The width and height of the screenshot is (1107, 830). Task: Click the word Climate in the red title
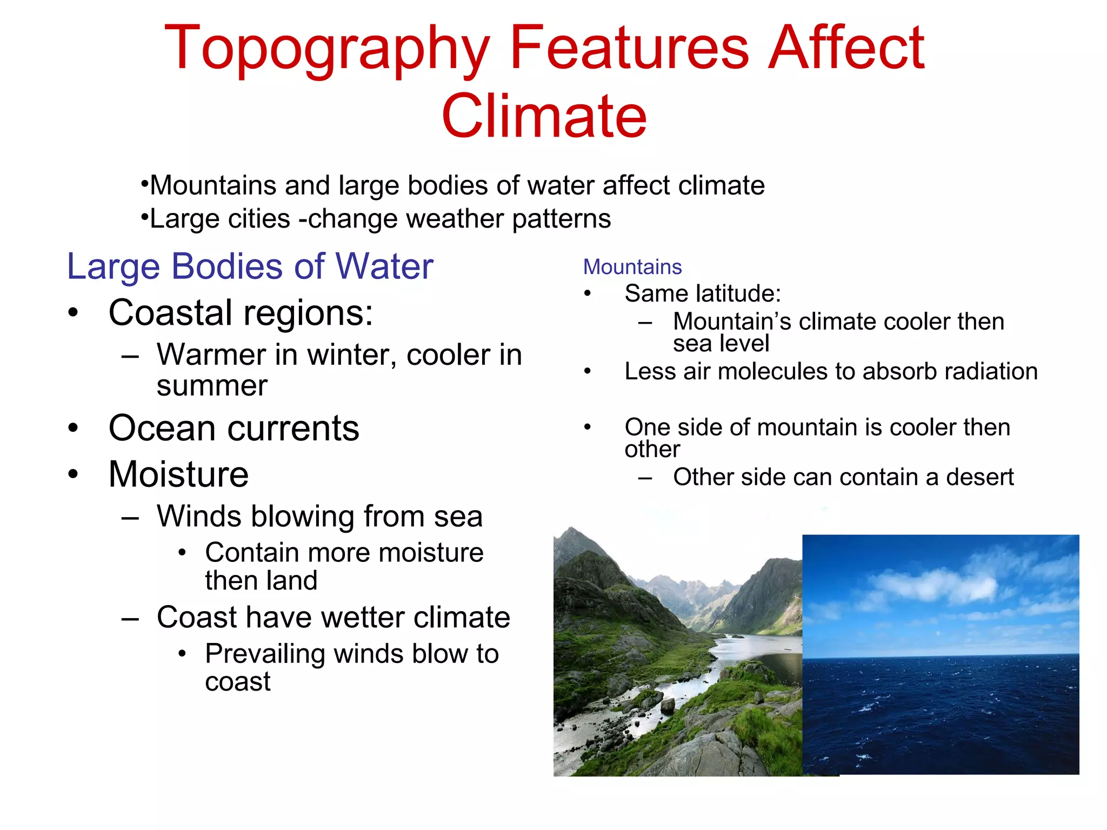pos(544,116)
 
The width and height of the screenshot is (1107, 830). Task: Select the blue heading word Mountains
pos(632,267)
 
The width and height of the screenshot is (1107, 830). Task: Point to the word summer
pos(212,386)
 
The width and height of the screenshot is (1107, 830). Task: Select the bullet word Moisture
pos(178,474)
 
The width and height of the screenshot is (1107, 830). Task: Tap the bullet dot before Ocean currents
pos(74,429)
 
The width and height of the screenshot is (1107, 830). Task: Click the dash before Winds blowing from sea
pos(130,518)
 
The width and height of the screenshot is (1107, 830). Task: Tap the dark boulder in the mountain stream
pos(668,705)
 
